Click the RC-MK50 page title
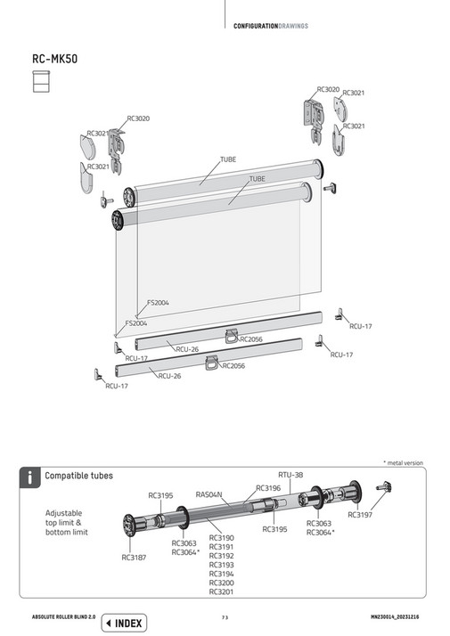click(53, 60)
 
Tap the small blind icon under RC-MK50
click(39, 82)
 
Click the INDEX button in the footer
click(124, 623)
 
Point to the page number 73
click(225, 617)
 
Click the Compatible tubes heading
click(79, 476)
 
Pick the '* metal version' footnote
click(403, 463)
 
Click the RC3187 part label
click(135, 558)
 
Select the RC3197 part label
click(361, 515)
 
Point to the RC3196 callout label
click(268, 487)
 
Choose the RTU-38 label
click(290, 475)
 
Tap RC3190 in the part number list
click(221, 538)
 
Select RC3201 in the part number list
click(221, 591)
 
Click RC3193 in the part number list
click(221, 565)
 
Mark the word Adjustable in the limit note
click(63, 514)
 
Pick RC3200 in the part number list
click(221, 583)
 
